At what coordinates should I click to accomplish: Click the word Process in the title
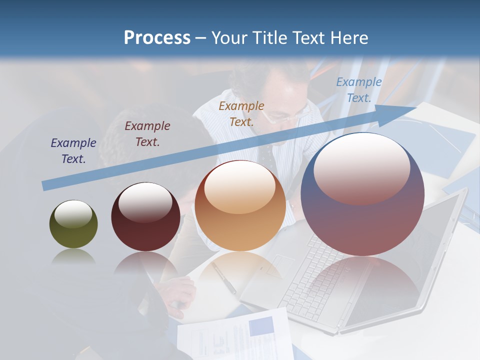(x=157, y=38)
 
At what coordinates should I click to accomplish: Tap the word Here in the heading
(x=348, y=38)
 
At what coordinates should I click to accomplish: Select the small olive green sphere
(x=73, y=224)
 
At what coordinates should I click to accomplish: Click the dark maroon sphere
(x=145, y=217)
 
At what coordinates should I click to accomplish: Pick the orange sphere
(x=240, y=206)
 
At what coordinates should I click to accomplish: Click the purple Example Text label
(x=73, y=150)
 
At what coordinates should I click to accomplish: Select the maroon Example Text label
(x=147, y=133)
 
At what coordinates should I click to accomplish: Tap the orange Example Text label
(x=241, y=113)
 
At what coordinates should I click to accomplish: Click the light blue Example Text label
(x=359, y=90)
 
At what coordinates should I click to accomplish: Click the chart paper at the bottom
(x=235, y=335)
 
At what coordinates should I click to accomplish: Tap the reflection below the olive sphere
(x=73, y=257)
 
